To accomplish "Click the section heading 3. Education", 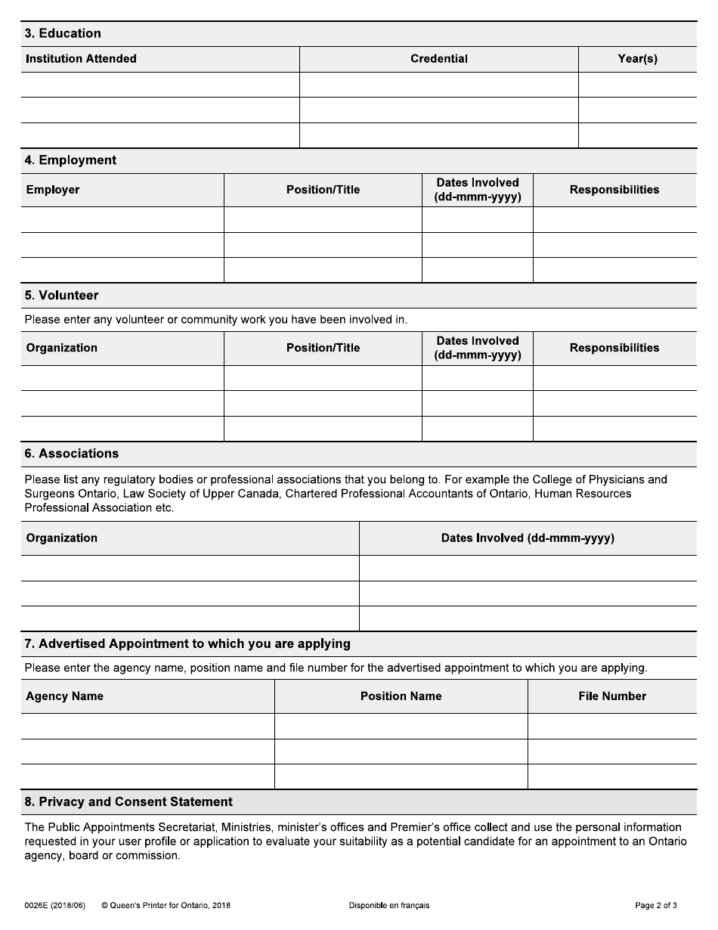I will [x=63, y=33].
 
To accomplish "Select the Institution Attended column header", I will [x=81, y=59].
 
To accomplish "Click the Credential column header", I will [x=438, y=59].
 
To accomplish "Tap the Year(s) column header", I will [x=637, y=59].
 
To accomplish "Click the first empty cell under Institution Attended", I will [x=160, y=85].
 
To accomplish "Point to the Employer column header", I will [x=53, y=190].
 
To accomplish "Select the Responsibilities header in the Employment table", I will [x=614, y=190].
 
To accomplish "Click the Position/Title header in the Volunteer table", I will [x=323, y=348].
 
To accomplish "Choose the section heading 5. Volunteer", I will [x=61, y=296].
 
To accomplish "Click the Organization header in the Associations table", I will [x=62, y=538].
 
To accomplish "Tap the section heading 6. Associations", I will [x=72, y=454].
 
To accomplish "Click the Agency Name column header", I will [x=64, y=696].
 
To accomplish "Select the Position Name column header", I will [x=401, y=696].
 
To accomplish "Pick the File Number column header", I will [x=612, y=696].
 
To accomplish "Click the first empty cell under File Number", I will [x=612, y=726].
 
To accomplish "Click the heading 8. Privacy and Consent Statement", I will [x=128, y=802].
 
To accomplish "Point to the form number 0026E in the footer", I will [x=39, y=905].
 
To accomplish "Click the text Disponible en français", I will [x=389, y=905].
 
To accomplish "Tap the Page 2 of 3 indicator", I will [x=655, y=905].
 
